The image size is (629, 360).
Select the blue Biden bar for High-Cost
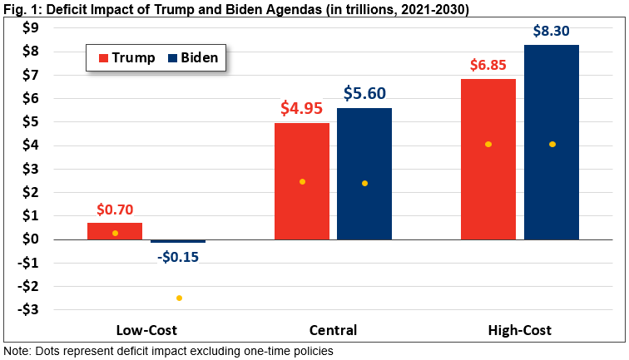552,141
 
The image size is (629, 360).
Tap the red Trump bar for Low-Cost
115,231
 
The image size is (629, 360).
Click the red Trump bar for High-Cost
488,159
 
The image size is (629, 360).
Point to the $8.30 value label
552,32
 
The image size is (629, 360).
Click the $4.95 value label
302,109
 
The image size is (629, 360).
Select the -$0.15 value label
178,256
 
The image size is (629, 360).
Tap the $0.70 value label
115,210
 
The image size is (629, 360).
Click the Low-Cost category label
146,330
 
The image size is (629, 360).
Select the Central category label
333,330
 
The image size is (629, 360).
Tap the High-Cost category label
520,330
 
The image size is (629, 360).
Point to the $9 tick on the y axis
30,28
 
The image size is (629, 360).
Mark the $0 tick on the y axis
30,239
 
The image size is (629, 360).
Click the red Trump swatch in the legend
103,58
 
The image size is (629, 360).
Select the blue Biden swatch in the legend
173,58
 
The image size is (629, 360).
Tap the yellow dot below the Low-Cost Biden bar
178,298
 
